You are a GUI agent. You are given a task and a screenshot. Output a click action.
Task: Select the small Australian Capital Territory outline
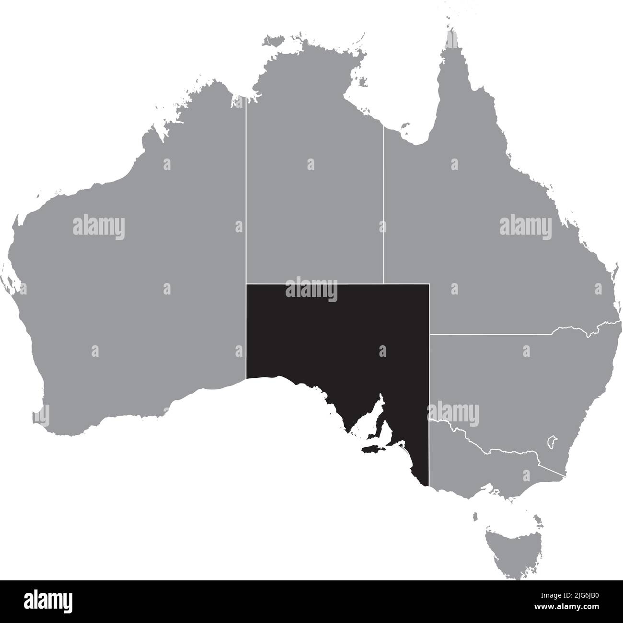click(552, 440)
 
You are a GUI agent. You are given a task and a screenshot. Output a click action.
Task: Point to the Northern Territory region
click(314, 201)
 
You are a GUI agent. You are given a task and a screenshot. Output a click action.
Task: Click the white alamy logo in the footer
click(48, 601)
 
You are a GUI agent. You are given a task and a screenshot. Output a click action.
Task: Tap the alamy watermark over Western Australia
click(99, 227)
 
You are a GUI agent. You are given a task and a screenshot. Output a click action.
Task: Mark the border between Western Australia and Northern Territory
click(246, 192)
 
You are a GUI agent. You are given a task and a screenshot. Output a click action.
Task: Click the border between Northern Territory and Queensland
click(383, 206)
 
